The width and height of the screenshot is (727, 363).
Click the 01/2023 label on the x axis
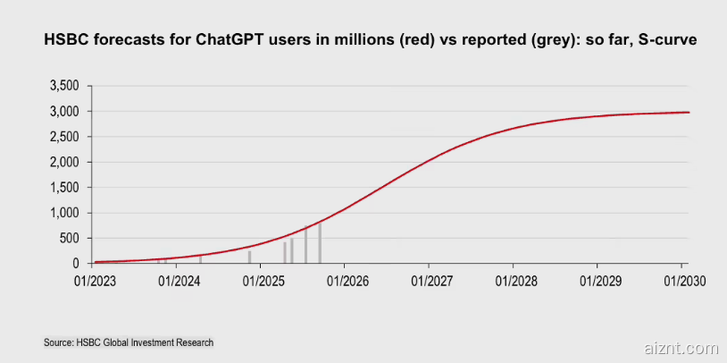tap(93, 281)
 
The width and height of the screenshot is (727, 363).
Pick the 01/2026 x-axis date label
tap(344, 281)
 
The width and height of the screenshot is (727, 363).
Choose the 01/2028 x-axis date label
tap(512, 281)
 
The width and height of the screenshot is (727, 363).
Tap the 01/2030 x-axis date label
tap(684, 281)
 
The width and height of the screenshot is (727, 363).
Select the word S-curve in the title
tap(664, 41)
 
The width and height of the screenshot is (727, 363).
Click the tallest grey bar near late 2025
tap(320, 243)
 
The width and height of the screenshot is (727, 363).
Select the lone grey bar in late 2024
tap(249, 257)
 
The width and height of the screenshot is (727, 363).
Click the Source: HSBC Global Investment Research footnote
tap(129, 342)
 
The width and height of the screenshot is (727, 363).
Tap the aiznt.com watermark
tap(680, 347)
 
